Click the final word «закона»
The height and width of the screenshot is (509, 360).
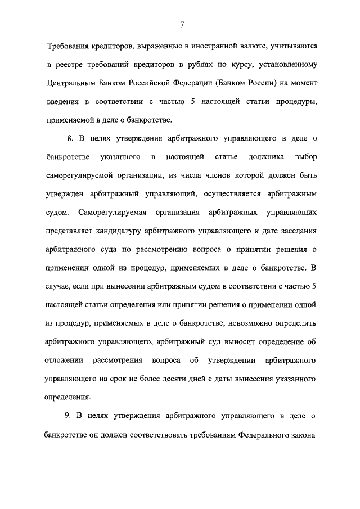[304, 435]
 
